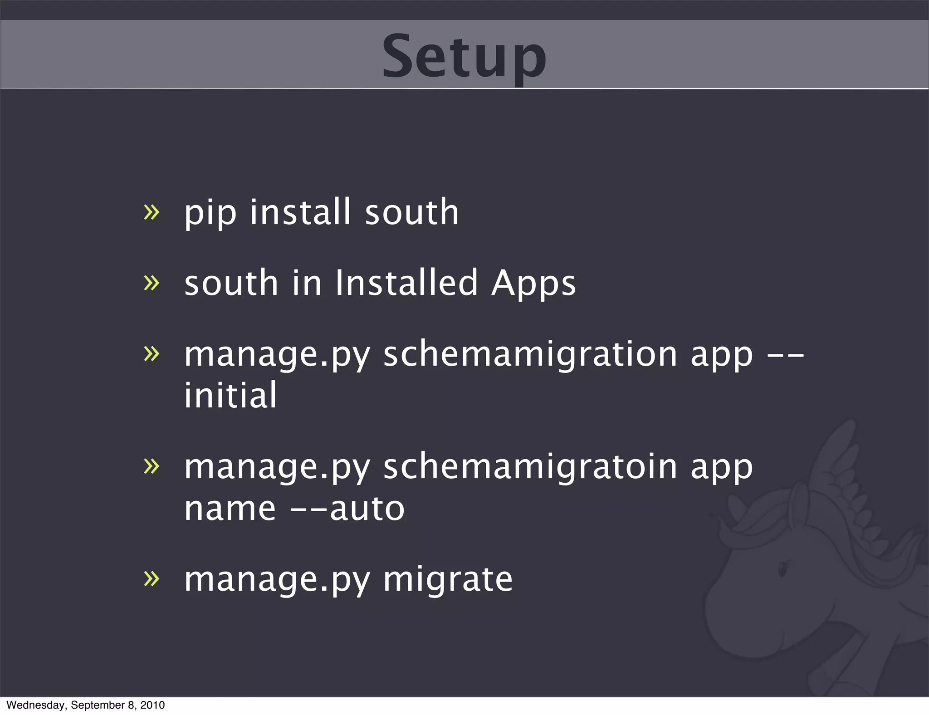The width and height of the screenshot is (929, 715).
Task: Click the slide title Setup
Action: [464, 57]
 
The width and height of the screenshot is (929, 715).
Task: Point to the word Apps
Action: [533, 284]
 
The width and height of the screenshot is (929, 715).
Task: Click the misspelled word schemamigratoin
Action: [530, 467]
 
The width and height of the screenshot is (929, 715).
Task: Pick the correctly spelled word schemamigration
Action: [530, 355]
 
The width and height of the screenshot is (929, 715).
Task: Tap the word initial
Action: [230, 395]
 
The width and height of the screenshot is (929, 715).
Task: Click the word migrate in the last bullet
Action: [448, 579]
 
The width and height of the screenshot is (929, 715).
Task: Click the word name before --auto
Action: [230, 509]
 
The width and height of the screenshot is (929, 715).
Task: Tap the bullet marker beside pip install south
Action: [152, 212]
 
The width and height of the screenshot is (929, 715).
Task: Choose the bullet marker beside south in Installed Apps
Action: [152, 283]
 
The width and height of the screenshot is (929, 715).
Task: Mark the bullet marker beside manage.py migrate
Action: [152, 578]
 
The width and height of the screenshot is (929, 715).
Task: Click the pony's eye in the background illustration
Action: [783, 568]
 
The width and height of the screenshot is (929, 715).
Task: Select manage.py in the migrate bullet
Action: [277, 580]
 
